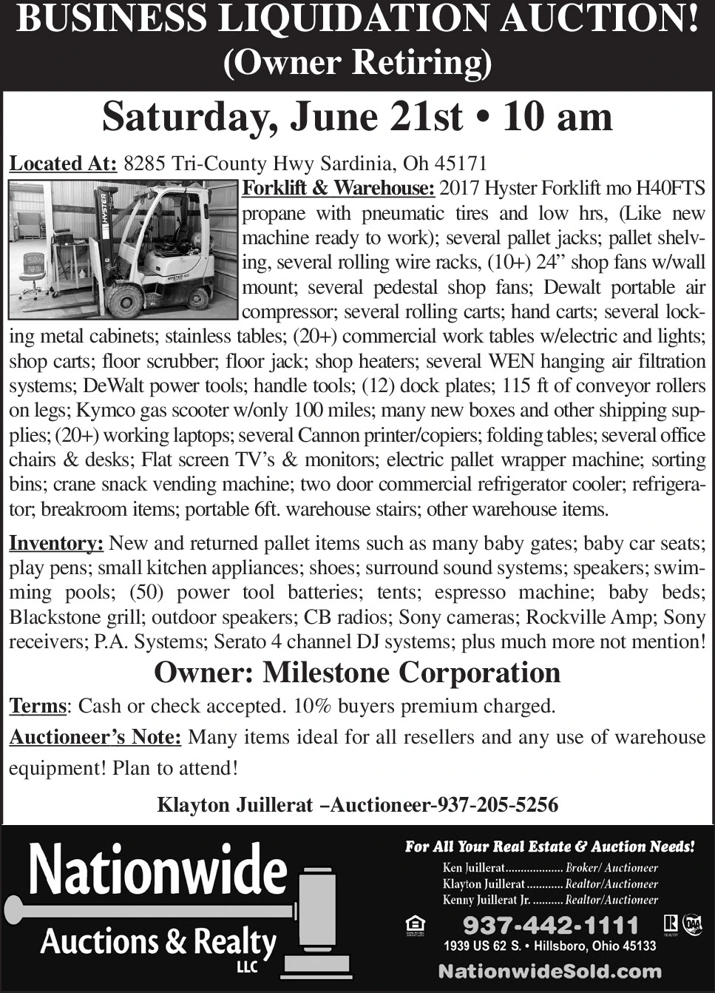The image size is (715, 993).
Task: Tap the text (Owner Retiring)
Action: click(358, 62)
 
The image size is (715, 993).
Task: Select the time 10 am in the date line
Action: click(558, 117)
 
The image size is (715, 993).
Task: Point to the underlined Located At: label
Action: click(63, 164)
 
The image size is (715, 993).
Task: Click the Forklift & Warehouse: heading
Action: click(338, 189)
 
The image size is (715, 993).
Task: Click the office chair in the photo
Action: click(34, 270)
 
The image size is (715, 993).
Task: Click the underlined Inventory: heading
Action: click(55, 544)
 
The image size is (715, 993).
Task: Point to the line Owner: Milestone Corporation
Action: click(357, 673)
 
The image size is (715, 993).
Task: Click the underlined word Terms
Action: click(38, 706)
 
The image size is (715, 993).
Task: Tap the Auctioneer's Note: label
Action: click(95, 738)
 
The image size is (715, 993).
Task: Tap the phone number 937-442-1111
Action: click(550, 925)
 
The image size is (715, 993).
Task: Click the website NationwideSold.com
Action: click(550, 972)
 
